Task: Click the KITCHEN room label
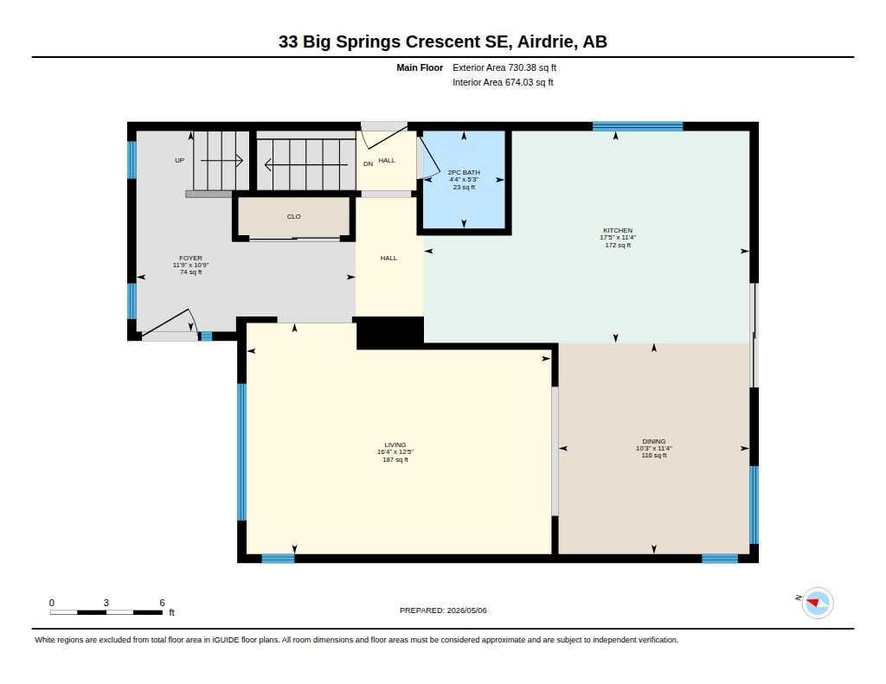[618, 230]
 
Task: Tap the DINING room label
[654, 441]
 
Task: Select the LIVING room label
[395, 445]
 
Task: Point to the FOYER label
[190, 259]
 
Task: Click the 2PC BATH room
[464, 180]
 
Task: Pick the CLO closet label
[294, 216]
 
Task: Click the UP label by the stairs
[180, 161]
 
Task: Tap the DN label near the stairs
[369, 163]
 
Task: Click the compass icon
[817, 604]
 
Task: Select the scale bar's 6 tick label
[162, 603]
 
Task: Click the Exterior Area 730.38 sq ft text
[504, 67]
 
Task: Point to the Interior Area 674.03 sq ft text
[503, 82]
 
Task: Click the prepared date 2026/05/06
[466, 610]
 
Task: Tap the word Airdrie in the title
[545, 42]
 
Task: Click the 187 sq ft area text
[395, 460]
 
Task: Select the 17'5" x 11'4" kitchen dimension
[618, 238]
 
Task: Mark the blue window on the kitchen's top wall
[638, 126]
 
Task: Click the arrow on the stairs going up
[221, 161]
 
